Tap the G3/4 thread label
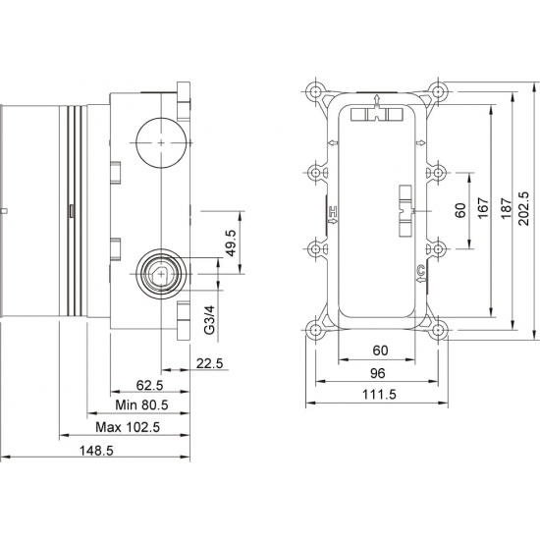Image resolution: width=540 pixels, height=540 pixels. (x=209, y=320)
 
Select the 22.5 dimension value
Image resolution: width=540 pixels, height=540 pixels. (x=211, y=364)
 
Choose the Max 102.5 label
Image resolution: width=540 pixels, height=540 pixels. (x=128, y=428)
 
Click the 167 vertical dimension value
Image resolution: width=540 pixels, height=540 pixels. (x=482, y=208)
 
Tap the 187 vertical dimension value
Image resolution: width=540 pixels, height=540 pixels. (x=504, y=208)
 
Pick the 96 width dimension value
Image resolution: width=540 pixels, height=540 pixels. (x=377, y=373)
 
